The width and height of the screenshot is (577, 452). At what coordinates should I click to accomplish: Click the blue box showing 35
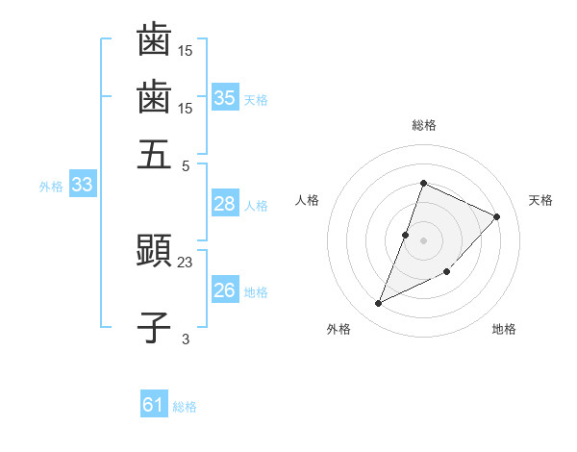(x=225, y=97)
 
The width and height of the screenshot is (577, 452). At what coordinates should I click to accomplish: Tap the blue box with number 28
(x=225, y=204)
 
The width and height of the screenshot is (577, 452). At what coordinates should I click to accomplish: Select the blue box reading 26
(x=225, y=290)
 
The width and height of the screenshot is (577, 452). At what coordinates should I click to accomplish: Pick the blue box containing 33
(x=82, y=185)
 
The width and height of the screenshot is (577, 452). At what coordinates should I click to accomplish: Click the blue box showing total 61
(x=154, y=405)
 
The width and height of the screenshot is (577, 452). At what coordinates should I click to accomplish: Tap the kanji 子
(x=154, y=327)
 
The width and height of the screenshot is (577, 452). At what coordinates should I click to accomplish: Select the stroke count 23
(x=186, y=262)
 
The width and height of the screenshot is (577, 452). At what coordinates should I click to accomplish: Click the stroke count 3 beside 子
(x=186, y=339)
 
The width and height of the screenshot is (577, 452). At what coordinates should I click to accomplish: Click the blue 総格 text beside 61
(x=185, y=407)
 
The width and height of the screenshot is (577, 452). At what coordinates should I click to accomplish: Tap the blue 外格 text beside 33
(x=51, y=187)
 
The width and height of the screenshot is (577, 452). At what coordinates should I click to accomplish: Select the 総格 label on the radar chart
(x=423, y=125)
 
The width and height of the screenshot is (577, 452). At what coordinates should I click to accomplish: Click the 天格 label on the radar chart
(x=540, y=200)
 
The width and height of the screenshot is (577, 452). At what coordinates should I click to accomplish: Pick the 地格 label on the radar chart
(x=504, y=330)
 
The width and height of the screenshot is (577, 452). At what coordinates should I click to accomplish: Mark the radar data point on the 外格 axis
(x=379, y=304)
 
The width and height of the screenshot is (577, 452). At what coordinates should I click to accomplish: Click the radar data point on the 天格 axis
(x=497, y=216)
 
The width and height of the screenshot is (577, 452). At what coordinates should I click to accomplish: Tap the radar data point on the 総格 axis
(x=423, y=183)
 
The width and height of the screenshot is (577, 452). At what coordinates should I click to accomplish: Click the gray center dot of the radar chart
(x=423, y=239)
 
